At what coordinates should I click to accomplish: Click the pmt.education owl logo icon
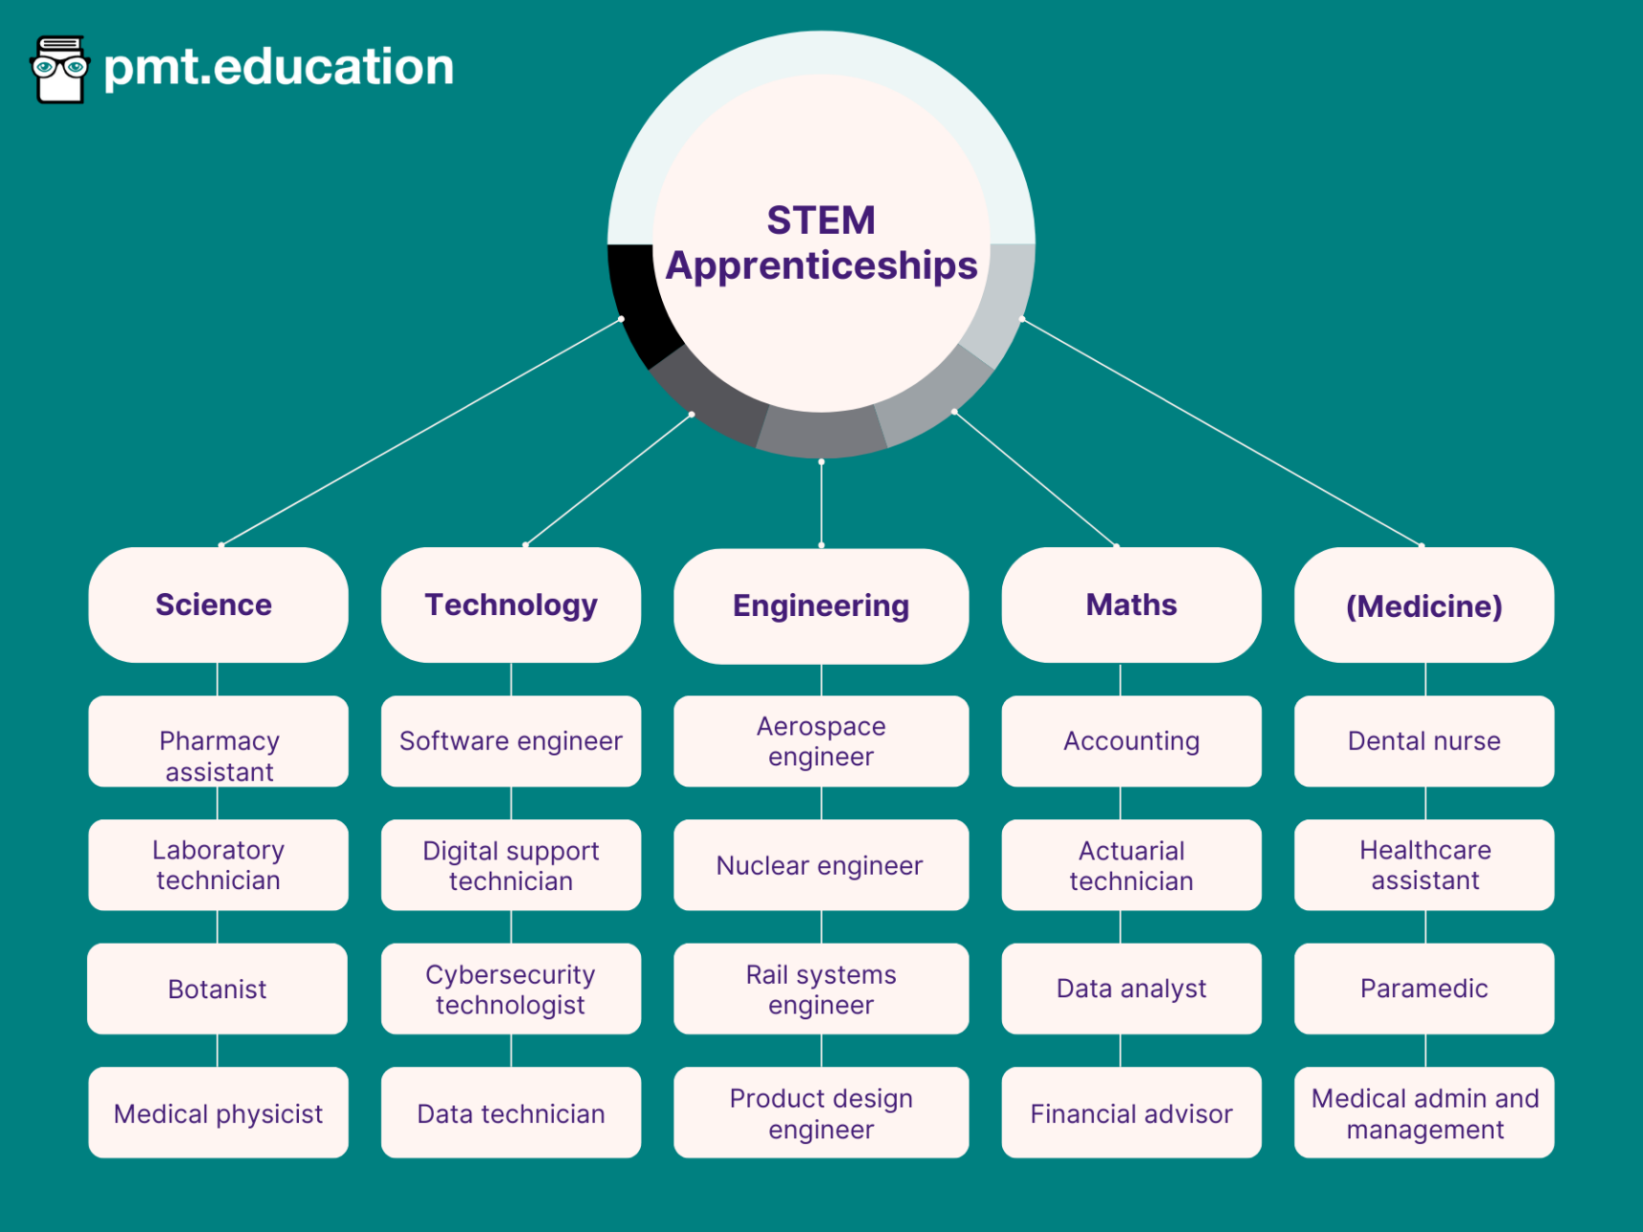click(60, 69)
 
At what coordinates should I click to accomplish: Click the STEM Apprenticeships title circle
click(821, 243)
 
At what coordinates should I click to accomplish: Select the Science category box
click(218, 605)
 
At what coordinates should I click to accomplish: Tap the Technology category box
click(510, 605)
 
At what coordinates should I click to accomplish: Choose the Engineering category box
click(821, 605)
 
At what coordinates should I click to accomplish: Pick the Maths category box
click(1131, 605)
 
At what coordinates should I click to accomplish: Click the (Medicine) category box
click(1423, 605)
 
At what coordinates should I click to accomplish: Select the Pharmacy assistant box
click(218, 741)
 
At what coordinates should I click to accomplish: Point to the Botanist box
click(217, 988)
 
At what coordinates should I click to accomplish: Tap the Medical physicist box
click(218, 1113)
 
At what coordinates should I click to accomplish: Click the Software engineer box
click(510, 741)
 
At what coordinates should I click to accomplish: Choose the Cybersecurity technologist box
click(510, 988)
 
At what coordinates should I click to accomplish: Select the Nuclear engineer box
click(821, 865)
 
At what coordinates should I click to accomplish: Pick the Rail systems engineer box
click(821, 988)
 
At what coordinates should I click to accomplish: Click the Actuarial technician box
click(1131, 865)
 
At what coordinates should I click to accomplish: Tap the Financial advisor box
click(1131, 1113)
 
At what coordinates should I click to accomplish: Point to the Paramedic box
click(1423, 988)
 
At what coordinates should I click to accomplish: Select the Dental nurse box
click(1423, 741)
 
